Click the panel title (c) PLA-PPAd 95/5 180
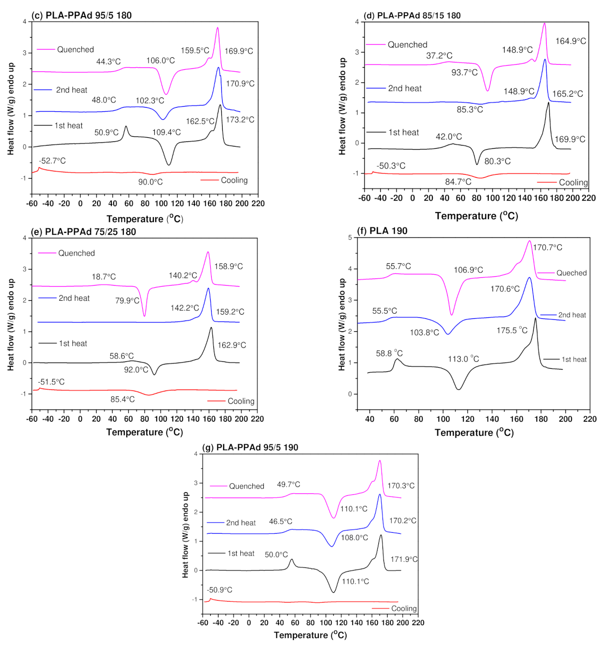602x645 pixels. tap(81, 15)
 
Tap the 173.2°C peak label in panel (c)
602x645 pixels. tap(240, 120)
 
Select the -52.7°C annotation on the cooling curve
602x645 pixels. tap(52, 161)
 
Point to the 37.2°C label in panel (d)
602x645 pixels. tap(439, 56)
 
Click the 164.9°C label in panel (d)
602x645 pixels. tap(571, 41)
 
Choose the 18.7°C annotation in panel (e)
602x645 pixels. tap(103, 277)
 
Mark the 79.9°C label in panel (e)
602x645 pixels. tap(127, 301)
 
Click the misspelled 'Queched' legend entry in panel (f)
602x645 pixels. tap(572, 273)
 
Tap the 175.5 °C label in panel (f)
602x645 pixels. tap(512, 330)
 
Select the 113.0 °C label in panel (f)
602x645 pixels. tap(463, 359)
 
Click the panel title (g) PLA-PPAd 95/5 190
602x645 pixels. tap(250, 447)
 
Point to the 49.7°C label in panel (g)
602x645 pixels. tap(288, 484)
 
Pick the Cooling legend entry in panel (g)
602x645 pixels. tap(404, 608)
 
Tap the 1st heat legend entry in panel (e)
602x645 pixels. tap(73, 343)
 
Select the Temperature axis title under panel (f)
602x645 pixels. tap(474, 432)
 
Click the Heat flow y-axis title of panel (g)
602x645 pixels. tap(185, 535)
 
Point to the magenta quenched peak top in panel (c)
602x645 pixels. tap(218, 28)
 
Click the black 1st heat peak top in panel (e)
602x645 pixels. tap(211, 328)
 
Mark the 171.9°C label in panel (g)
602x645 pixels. tap(404, 559)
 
